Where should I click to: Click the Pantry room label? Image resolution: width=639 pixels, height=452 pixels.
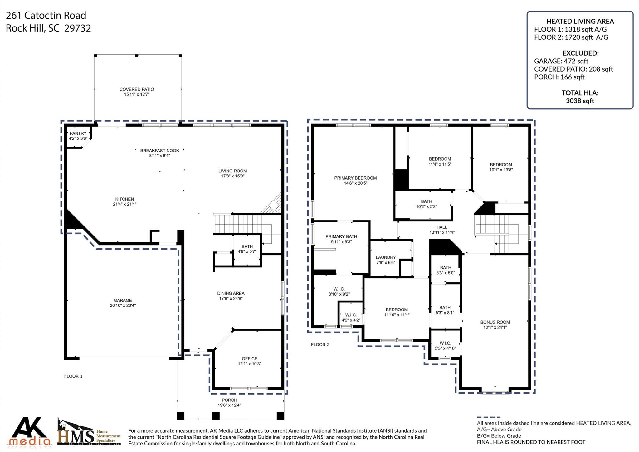pos(78,133)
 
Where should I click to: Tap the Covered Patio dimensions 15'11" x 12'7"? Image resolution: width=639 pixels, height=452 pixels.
pos(137,94)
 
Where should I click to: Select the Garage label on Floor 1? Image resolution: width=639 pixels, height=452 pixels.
pos(123,300)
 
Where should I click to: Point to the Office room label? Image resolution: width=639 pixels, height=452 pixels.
pos(249,359)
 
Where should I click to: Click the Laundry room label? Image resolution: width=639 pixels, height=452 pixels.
pos(386,257)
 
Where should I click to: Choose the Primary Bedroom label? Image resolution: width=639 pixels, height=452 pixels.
pos(355,178)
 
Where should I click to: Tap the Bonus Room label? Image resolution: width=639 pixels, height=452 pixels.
pos(495,322)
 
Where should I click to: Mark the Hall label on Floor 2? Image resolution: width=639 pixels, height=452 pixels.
pos(442,227)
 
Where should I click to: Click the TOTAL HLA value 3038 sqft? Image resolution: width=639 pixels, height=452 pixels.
pos(580,101)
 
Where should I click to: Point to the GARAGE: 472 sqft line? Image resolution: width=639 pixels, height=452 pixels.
pos(561,61)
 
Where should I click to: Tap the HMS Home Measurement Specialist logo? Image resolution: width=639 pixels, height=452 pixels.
pos(89,433)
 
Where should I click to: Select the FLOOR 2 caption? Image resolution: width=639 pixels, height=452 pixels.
pos(320,345)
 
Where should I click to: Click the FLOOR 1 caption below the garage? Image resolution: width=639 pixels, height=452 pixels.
pos(73,376)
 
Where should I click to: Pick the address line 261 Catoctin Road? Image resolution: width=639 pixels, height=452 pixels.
pos(46,15)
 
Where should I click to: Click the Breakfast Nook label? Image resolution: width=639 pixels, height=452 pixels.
pos(159,151)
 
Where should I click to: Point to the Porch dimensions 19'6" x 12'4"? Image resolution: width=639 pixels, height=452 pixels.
pos(229,405)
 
